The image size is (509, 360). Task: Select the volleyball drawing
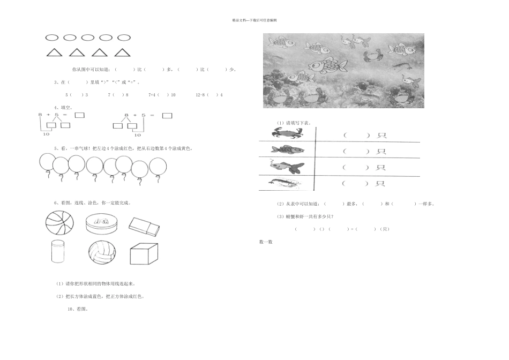coord(102,253)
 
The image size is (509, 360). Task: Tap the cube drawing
coord(144,253)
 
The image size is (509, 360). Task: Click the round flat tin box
coord(101,223)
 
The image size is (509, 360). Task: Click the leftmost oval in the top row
coord(52,38)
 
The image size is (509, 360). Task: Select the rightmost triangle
coord(123,52)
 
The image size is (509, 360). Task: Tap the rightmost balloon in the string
coord(158,167)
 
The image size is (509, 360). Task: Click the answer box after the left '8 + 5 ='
coord(79,115)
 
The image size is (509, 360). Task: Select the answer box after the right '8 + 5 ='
coord(167,115)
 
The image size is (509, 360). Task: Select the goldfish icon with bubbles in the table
coord(287,167)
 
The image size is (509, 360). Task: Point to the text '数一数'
coord(266,242)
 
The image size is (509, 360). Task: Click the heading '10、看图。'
coord(78,309)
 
